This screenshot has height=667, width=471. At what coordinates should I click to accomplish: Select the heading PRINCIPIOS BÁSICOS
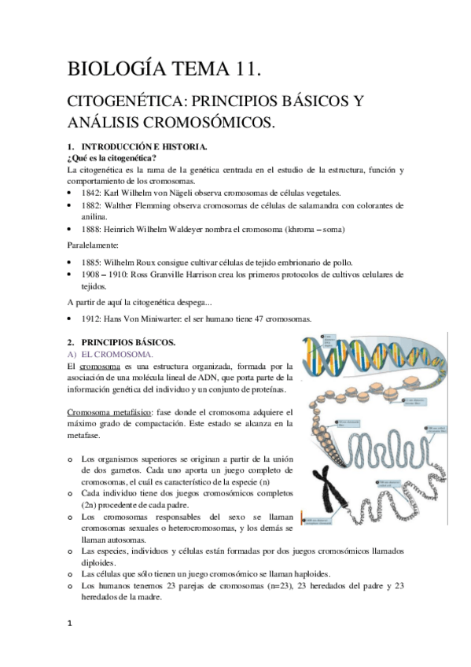[128, 343]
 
